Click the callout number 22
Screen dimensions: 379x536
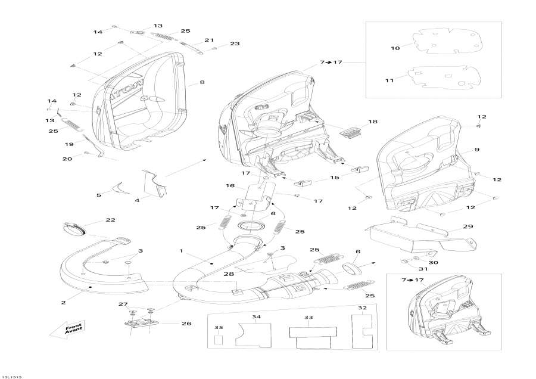110,220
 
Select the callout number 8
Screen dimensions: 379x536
202,82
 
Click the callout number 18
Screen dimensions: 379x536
373,122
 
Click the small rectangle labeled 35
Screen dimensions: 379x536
219,341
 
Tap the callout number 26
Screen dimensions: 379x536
186,324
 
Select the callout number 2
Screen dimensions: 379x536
63,302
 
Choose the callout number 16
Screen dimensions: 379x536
230,186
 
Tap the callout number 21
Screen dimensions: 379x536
209,40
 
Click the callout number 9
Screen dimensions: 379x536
477,149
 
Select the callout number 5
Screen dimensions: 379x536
99,194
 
